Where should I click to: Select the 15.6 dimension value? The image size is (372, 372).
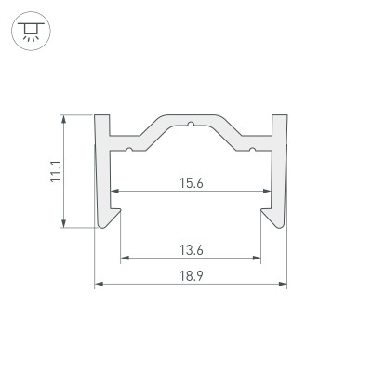point(191,183)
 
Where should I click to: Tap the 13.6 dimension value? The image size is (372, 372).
point(191,248)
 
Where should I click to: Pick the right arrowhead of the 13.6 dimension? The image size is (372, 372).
point(259,258)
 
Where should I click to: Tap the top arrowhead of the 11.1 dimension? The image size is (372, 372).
point(65,119)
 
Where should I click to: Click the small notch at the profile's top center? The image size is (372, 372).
point(190,123)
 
